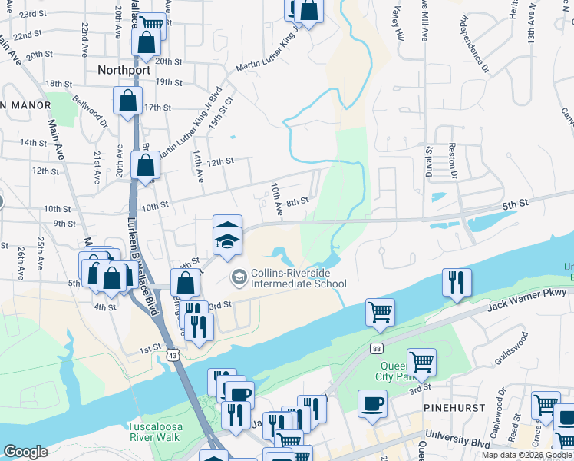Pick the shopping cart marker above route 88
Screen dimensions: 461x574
380,312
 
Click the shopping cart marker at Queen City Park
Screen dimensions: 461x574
421,360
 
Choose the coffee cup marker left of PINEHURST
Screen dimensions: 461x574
372,403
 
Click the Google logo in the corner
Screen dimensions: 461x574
25,452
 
